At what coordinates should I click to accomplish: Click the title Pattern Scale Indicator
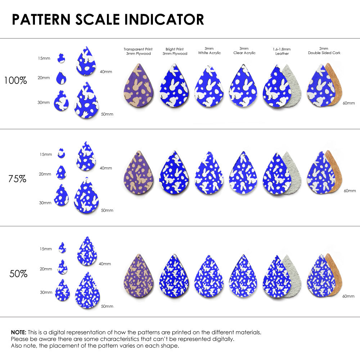point(108,19)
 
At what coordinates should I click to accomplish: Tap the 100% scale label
point(15,81)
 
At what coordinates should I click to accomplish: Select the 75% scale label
point(17,179)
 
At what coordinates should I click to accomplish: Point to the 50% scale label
point(18,274)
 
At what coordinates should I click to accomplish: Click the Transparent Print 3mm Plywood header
point(138,51)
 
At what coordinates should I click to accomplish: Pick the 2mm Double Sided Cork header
point(324,51)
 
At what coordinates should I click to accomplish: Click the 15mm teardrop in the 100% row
point(61,58)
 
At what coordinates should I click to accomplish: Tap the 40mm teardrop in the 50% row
point(87,251)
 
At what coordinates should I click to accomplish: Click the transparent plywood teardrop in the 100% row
point(138,86)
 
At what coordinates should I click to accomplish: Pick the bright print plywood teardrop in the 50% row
point(174,274)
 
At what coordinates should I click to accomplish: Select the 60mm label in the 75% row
point(350,191)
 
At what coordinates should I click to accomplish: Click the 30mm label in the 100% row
point(44,103)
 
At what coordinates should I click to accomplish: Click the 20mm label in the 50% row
point(46,269)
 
